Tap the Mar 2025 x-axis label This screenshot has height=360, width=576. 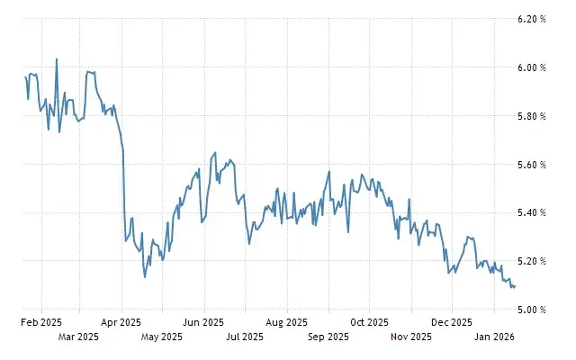78,338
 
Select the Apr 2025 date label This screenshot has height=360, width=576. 121,321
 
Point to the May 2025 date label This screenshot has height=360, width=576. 162,338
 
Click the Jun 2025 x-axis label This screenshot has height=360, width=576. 203,321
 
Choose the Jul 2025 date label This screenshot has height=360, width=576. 245,338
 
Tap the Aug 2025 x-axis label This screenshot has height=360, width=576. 287,321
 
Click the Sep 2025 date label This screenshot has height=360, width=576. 328,338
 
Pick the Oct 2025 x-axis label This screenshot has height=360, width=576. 370,321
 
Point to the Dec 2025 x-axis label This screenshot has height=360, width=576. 452,321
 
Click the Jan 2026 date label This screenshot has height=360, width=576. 494,338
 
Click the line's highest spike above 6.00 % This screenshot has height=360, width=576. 57,59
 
